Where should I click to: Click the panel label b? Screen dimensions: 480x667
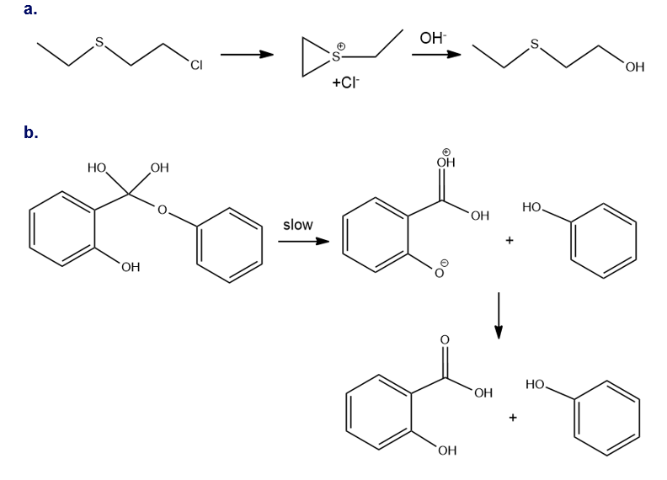coord(31,132)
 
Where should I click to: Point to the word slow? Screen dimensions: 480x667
coord(297,225)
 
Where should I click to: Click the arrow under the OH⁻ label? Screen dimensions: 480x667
coord(436,56)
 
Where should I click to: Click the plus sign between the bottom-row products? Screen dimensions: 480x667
coord(511,416)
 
